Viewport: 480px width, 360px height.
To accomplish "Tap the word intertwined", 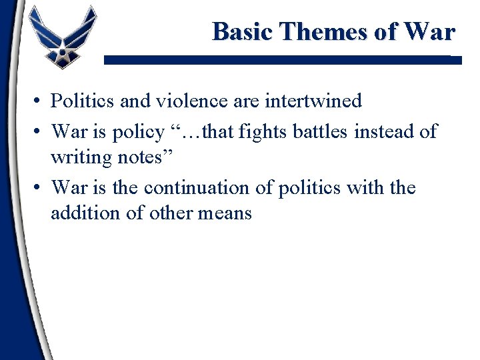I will [x=313, y=101].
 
